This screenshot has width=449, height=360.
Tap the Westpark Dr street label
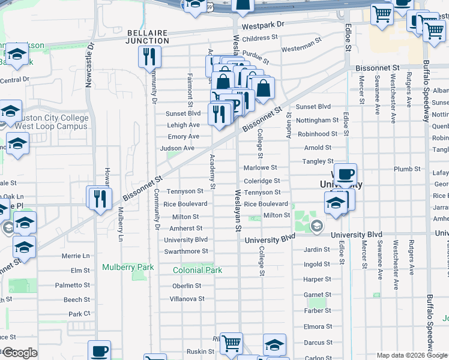tap(262, 27)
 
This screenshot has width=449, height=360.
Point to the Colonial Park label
tap(197, 270)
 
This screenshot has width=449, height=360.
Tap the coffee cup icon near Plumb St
tap(345, 175)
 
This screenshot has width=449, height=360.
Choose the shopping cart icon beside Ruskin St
tap(231, 344)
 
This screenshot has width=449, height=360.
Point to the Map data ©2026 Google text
tap(412, 355)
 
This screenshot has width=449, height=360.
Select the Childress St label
tap(260, 38)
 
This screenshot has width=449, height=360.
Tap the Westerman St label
tap(298, 46)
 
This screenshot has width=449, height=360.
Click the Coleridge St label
tap(262, 181)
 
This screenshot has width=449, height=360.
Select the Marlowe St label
tap(260, 167)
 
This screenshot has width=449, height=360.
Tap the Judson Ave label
tap(177, 148)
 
